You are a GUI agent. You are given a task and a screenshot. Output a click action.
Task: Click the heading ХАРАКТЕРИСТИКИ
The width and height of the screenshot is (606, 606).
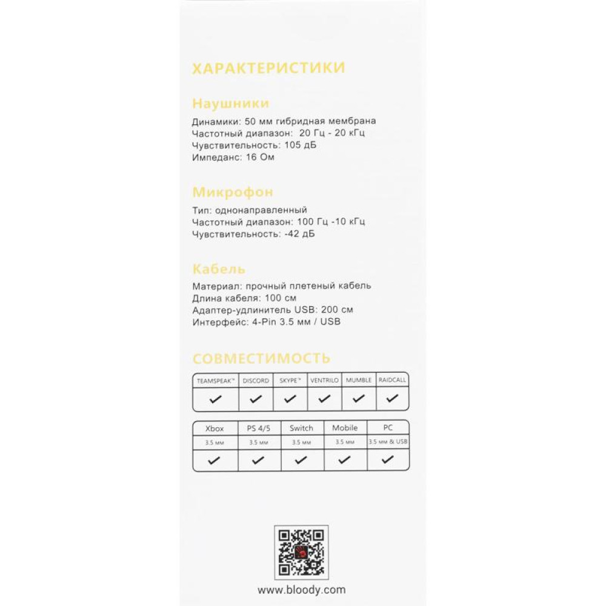click(x=268, y=68)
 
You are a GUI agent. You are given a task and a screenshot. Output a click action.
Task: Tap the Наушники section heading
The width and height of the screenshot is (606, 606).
click(x=230, y=103)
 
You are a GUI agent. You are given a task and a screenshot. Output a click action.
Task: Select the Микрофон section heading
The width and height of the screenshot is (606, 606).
click(x=233, y=193)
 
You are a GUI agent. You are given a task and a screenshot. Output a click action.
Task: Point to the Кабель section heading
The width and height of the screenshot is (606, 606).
click(x=219, y=269)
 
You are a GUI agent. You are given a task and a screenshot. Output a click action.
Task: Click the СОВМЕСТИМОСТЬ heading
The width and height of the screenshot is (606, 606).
click(x=261, y=358)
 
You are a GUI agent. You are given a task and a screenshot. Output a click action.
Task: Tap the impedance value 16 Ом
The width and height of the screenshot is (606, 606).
click(x=261, y=158)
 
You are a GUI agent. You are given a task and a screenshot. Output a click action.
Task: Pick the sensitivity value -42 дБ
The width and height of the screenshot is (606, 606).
click(x=299, y=234)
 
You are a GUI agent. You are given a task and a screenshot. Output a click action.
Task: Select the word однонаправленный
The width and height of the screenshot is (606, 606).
click(x=262, y=210)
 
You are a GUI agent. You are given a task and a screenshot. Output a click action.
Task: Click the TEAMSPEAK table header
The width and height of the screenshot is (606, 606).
click(x=215, y=381)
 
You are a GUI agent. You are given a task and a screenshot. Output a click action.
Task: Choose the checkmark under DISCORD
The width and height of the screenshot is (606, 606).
click(x=256, y=399)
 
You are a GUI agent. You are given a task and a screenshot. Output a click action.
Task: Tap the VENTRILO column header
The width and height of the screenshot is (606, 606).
click(x=324, y=381)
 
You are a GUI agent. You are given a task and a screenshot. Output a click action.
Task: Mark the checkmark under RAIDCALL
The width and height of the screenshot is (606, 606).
click(x=393, y=399)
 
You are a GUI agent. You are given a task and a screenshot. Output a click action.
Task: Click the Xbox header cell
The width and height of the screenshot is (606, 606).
click(x=215, y=428)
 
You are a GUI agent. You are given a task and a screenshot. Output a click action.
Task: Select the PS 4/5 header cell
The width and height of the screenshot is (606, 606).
click(x=259, y=428)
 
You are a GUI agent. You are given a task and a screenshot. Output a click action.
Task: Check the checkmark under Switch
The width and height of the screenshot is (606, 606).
click(x=301, y=461)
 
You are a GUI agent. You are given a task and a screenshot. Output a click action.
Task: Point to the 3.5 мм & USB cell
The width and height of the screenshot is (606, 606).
click(x=388, y=442)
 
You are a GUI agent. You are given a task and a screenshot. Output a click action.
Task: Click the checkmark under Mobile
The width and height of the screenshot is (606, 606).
click(x=345, y=461)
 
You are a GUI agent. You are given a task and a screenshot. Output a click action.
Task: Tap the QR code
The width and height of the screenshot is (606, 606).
click(x=301, y=552)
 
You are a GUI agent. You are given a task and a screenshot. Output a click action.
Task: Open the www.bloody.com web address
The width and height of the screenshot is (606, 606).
click(x=301, y=589)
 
